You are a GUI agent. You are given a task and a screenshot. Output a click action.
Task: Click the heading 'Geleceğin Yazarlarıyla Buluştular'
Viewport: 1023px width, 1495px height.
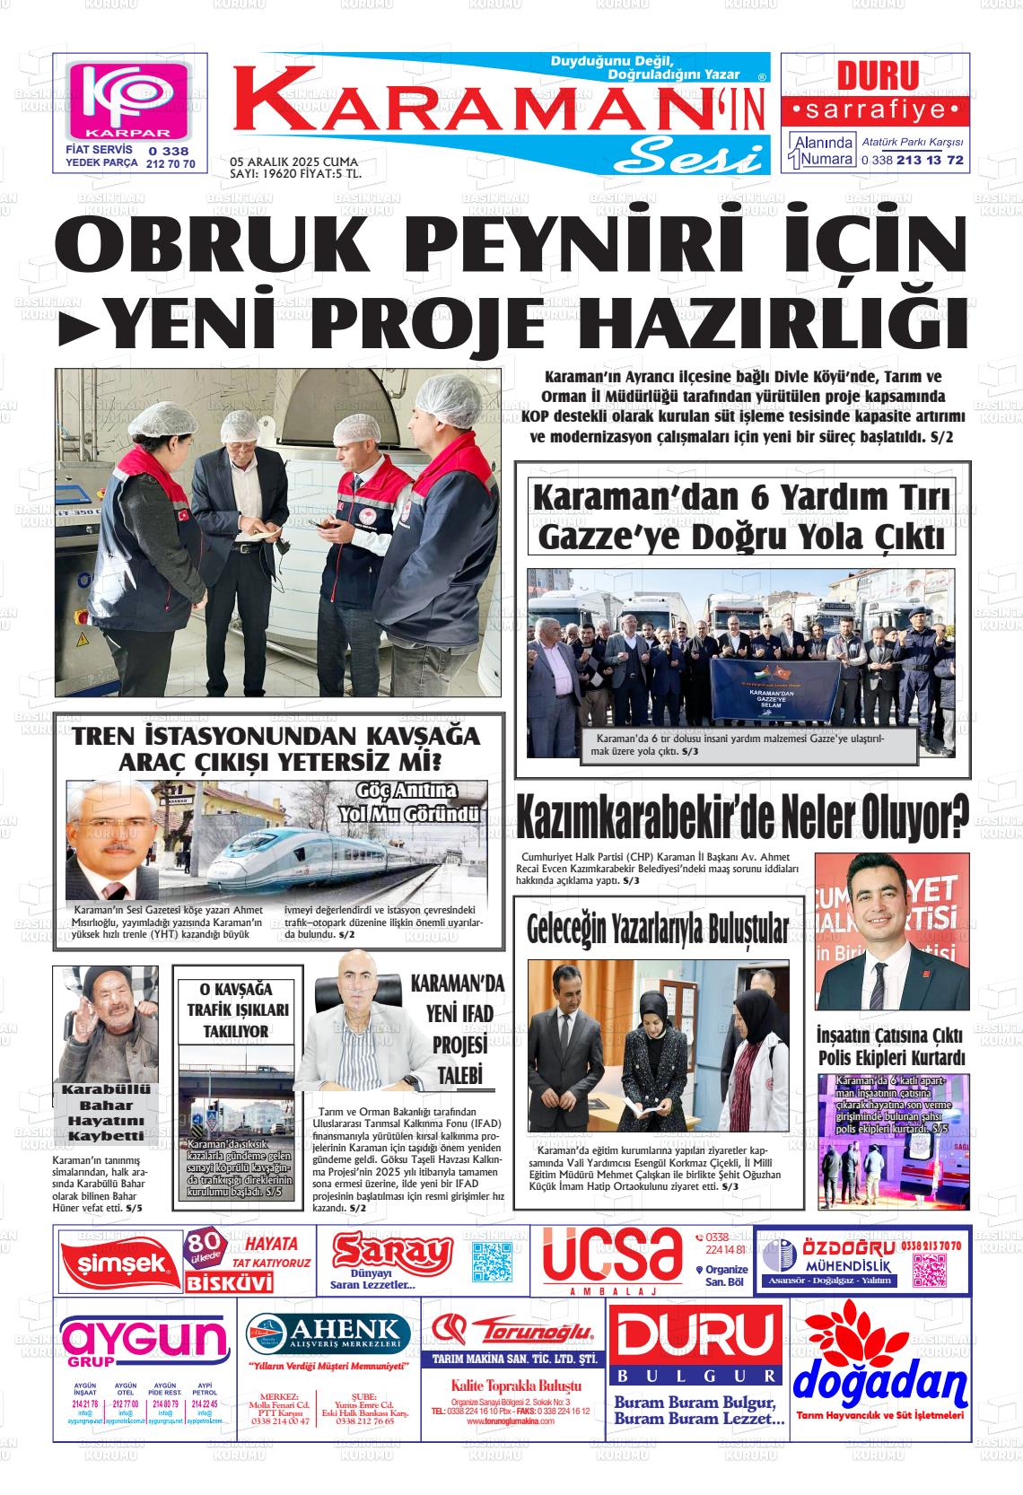point(658,929)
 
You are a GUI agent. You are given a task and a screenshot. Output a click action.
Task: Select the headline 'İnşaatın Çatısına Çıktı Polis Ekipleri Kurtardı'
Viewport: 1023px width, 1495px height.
point(890,1045)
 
